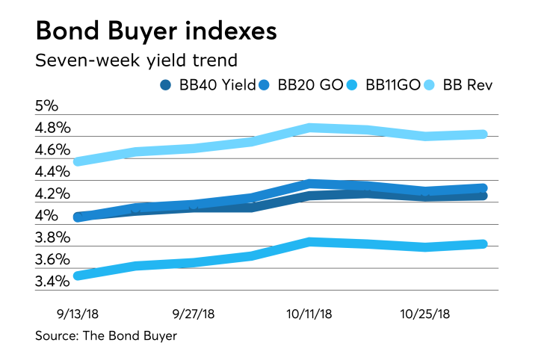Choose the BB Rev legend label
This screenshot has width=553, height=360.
click(x=468, y=85)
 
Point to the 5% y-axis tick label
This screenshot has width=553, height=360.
click(x=46, y=106)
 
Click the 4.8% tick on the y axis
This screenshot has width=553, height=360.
click(x=53, y=128)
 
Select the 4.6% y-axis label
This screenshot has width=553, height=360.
click(x=53, y=150)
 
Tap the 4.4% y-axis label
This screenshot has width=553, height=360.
click(x=53, y=172)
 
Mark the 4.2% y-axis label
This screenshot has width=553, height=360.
click(x=53, y=194)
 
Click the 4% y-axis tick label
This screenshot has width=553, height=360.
click(x=46, y=216)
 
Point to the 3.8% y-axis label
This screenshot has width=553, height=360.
click(x=53, y=238)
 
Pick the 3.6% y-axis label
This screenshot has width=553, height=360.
click(x=53, y=260)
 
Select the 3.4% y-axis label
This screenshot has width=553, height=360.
click(x=53, y=282)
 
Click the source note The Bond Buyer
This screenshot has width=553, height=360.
click(x=106, y=336)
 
